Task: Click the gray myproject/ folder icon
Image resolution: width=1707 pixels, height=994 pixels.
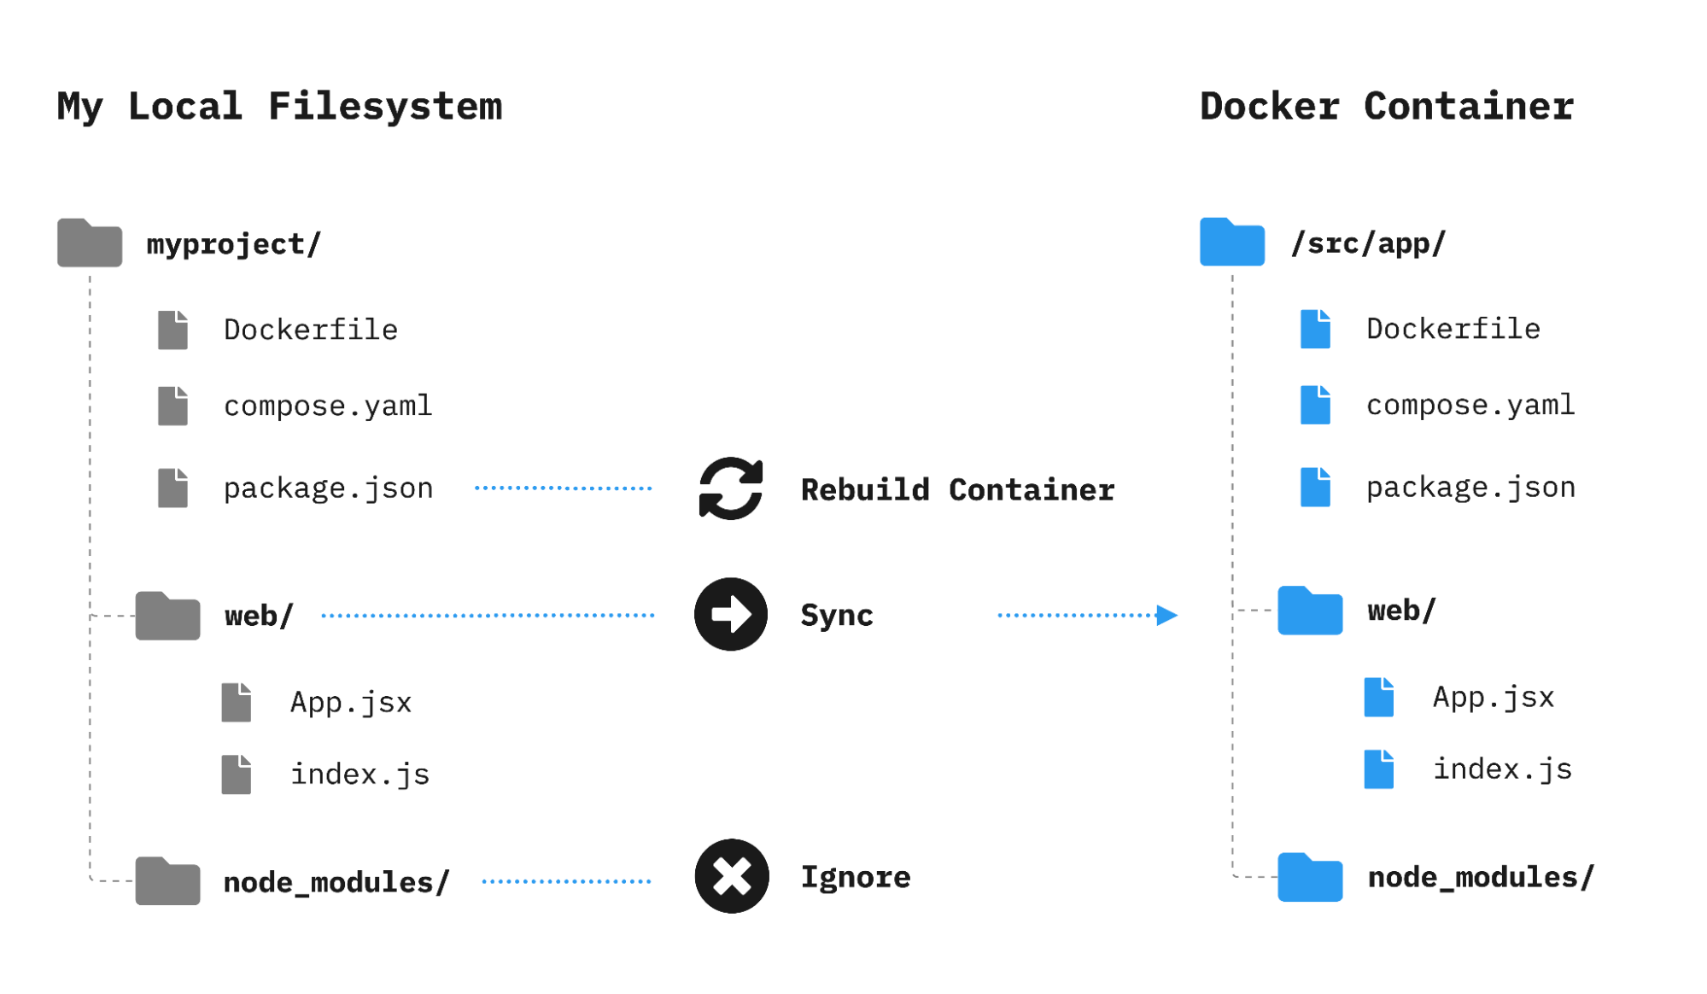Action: click(x=90, y=244)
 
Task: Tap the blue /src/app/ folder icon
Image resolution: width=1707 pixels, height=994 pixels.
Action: click(x=1231, y=243)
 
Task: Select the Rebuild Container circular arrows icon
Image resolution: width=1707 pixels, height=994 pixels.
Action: click(x=731, y=488)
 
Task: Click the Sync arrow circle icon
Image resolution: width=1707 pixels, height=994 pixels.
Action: click(x=731, y=615)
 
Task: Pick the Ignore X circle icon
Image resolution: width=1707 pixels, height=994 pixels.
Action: click(x=732, y=876)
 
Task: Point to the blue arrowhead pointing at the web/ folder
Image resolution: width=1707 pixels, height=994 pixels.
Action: click(x=1166, y=615)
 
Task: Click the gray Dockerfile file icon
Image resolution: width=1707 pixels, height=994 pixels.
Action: click(x=172, y=330)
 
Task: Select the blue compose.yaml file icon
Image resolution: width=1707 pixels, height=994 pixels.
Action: click(x=1315, y=405)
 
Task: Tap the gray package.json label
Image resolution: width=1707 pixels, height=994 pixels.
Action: click(x=329, y=488)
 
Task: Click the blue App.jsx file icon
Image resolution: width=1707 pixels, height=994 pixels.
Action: click(x=1379, y=697)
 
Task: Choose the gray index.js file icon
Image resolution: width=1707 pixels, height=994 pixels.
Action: click(x=237, y=775)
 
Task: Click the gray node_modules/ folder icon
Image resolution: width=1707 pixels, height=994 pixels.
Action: click(x=167, y=881)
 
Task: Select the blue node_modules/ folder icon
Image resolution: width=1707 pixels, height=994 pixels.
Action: click(x=1310, y=877)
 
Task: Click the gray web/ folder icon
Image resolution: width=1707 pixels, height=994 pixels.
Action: click(x=167, y=616)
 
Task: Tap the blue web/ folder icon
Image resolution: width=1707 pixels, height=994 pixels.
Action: click(x=1310, y=611)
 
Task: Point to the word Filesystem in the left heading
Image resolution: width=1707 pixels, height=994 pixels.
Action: click(x=385, y=107)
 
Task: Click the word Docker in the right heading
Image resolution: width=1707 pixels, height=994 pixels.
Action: click(x=1270, y=107)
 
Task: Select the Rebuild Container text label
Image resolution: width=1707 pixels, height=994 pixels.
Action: click(x=957, y=489)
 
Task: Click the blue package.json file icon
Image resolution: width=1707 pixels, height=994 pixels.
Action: click(x=1315, y=488)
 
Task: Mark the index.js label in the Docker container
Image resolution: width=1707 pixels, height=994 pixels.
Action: click(x=1502, y=769)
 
